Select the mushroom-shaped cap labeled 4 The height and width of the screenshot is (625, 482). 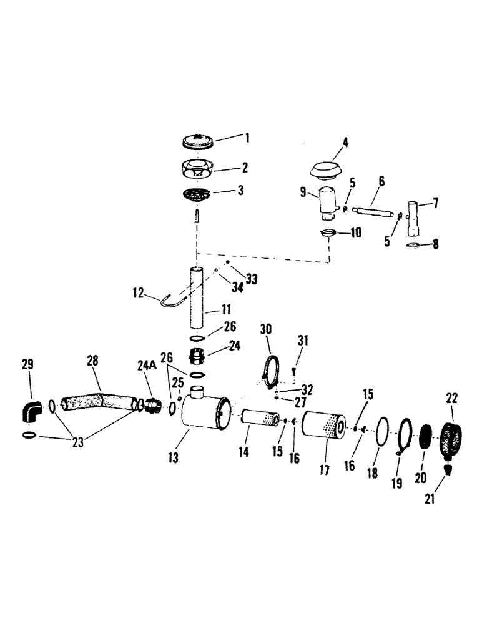click(330, 169)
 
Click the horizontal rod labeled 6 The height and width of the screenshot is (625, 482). click(372, 212)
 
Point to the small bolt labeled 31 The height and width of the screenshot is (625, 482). click(293, 371)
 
